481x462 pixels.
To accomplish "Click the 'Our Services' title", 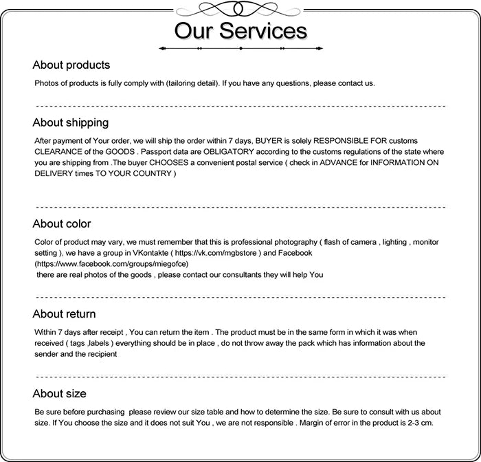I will [240, 32].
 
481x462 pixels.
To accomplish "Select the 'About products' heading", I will [71, 65].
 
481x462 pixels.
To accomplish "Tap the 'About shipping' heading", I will [70, 122].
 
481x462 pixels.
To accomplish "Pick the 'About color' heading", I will [61, 223].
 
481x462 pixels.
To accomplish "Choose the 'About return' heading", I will [64, 314].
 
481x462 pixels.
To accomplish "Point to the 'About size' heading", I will [59, 394].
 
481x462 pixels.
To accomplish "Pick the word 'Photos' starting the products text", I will [47, 83].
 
